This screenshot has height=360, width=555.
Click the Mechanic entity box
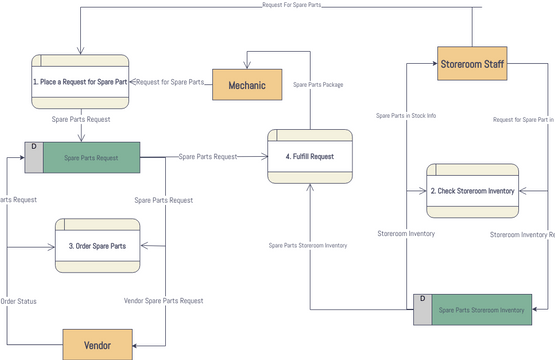click(x=247, y=85)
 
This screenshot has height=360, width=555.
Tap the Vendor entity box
click(x=97, y=344)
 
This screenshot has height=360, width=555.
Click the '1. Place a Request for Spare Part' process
click(x=80, y=80)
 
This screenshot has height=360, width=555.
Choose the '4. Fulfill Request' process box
click(x=309, y=156)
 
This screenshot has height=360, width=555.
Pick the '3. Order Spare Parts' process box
click(x=97, y=243)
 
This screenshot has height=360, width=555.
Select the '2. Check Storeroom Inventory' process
click(x=472, y=190)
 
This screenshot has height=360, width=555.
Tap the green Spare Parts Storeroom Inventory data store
click(x=481, y=310)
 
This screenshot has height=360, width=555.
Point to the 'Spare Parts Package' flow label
click(x=318, y=85)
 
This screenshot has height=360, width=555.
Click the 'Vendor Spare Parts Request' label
click(x=163, y=300)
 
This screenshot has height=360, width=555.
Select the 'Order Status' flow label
click(x=20, y=300)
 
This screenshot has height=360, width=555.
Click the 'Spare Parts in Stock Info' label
click(x=405, y=116)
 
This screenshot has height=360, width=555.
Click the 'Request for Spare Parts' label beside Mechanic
click(x=169, y=82)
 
